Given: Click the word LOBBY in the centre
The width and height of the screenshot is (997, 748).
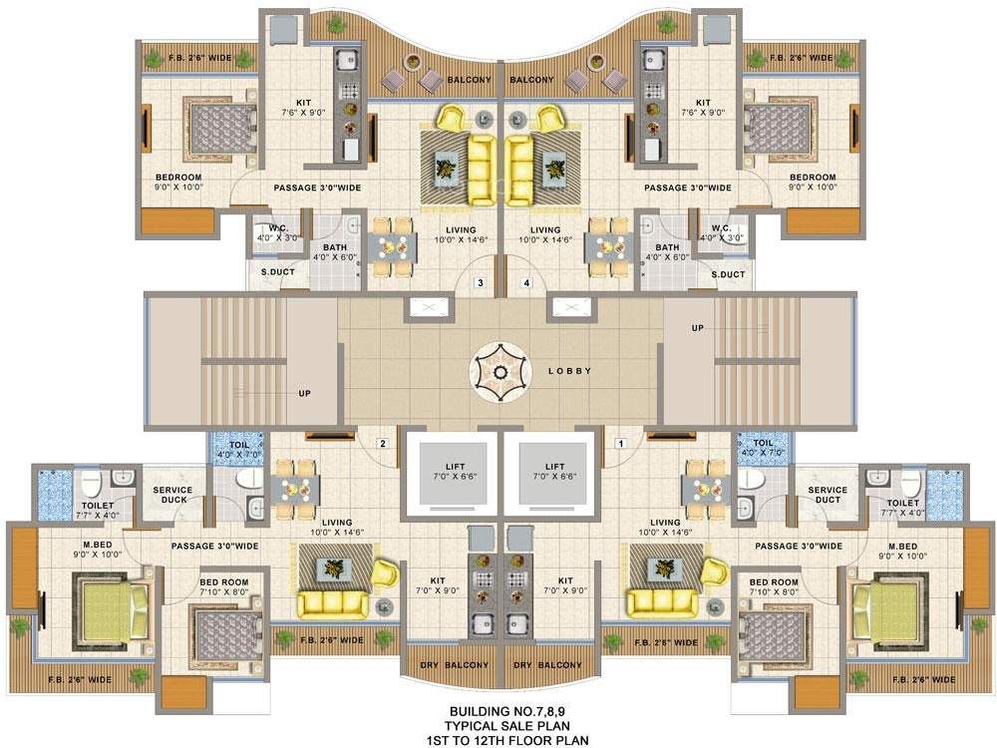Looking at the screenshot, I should [x=570, y=371].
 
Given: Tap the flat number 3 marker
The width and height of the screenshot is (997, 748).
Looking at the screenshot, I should [x=481, y=283].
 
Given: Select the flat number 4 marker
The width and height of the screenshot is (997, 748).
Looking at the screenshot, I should [x=526, y=283].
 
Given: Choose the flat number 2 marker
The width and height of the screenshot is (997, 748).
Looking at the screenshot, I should [x=381, y=443].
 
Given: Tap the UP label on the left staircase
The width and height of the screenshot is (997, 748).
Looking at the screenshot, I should [x=305, y=393].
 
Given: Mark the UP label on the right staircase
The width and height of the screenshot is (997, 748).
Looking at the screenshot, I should [x=699, y=327].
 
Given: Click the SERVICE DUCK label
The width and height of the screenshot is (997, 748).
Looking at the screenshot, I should [x=173, y=494].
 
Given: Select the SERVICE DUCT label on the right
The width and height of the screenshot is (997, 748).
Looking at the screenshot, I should [x=828, y=494].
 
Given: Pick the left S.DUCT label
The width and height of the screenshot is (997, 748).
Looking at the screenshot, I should [x=277, y=273].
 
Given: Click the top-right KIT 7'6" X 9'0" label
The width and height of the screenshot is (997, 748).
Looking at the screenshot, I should [x=704, y=108].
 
